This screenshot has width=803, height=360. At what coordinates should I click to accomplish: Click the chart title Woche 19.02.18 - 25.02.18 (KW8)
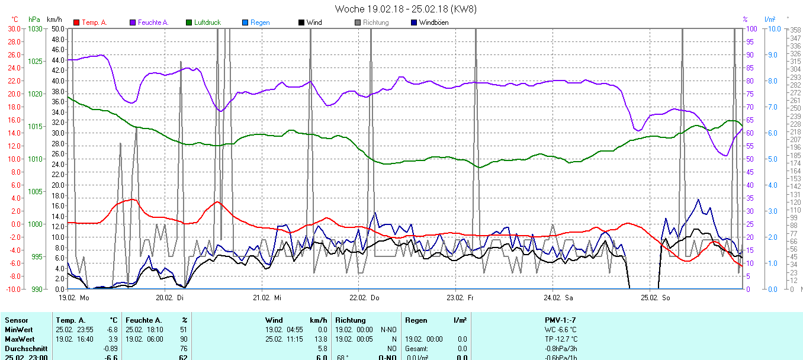pos(405,9)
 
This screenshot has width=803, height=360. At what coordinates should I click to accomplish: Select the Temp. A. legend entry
pos(94,22)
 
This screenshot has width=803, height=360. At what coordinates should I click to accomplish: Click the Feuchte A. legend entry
pos(153,22)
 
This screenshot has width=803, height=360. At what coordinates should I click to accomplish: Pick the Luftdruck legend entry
pos(207,22)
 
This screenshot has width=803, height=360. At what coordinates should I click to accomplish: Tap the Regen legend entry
pos(259,22)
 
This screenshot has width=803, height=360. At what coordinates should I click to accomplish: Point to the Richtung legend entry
pos(375,22)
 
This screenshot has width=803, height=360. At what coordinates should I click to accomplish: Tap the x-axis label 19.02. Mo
pos(73,297)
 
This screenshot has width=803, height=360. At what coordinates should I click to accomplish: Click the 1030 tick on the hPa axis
pos(36,28)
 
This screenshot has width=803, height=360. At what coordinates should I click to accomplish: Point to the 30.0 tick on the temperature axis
pos(13,28)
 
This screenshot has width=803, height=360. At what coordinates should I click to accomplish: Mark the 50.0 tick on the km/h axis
pos(58,28)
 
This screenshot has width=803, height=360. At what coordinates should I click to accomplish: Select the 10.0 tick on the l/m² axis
pos(772,28)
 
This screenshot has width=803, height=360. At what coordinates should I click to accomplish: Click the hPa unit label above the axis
pos(34,20)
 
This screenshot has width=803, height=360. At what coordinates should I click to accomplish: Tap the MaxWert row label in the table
pos(18,339)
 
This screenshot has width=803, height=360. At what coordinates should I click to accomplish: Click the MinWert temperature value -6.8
pos(111,329)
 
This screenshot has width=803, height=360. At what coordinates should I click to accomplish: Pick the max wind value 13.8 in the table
pos(320,339)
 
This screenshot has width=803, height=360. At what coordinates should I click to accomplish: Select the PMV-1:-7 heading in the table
pos(560,320)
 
